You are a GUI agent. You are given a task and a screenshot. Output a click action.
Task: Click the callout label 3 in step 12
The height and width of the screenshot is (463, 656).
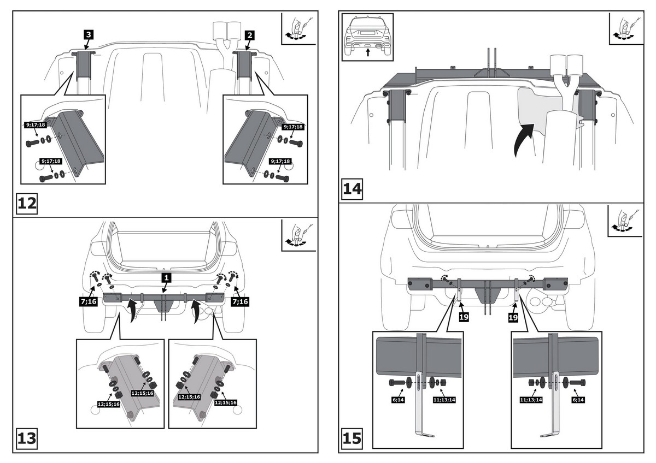(x=89, y=34)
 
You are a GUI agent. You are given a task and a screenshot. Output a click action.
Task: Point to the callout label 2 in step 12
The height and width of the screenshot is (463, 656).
(x=249, y=35)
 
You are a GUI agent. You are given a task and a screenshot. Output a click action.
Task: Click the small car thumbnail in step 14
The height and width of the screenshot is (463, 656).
(x=368, y=37)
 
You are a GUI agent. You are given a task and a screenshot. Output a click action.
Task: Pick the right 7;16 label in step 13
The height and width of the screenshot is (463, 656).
(x=241, y=301)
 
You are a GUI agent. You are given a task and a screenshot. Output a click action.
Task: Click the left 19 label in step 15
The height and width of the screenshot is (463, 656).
(x=464, y=316)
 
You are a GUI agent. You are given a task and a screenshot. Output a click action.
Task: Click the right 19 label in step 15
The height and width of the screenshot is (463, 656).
(x=513, y=316)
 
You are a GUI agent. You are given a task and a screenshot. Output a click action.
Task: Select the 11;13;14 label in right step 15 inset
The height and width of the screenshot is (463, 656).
(x=530, y=400)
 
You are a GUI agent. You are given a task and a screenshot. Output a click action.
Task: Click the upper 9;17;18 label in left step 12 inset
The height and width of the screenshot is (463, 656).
(x=36, y=125)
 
